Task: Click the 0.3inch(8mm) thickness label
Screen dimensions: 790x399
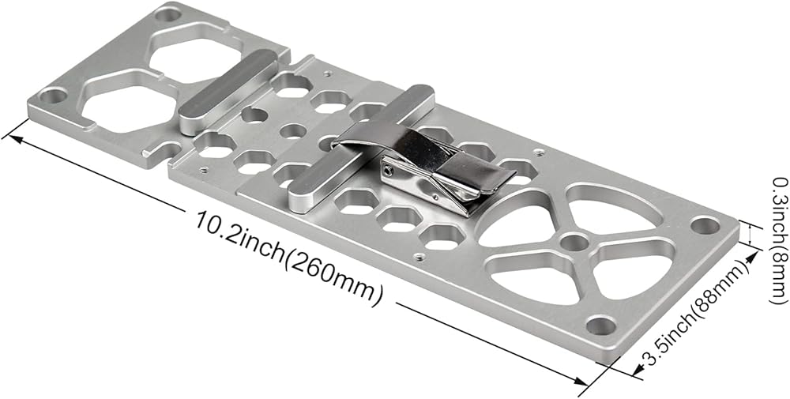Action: coord(780,240)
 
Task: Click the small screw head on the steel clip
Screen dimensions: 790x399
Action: coord(387,172)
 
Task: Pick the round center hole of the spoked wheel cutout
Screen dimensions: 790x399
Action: coord(574,243)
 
